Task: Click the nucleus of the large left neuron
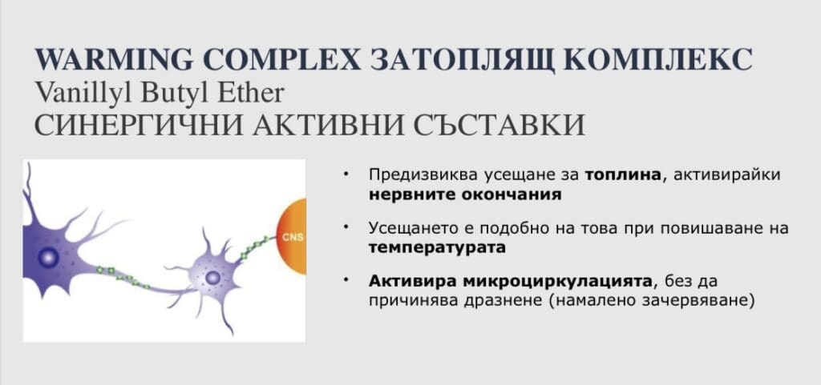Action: click(x=48, y=257)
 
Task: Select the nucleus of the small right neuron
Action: click(x=212, y=278)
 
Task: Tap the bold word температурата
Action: click(x=437, y=247)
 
